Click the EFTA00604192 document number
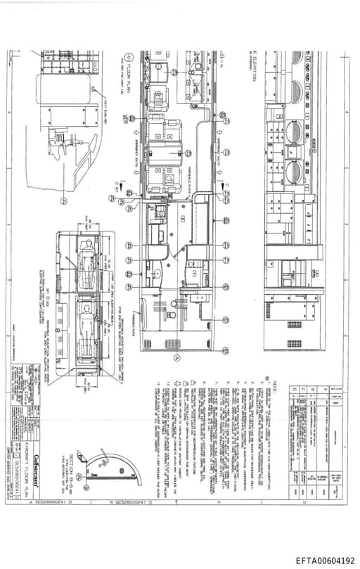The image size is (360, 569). click(325, 560)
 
